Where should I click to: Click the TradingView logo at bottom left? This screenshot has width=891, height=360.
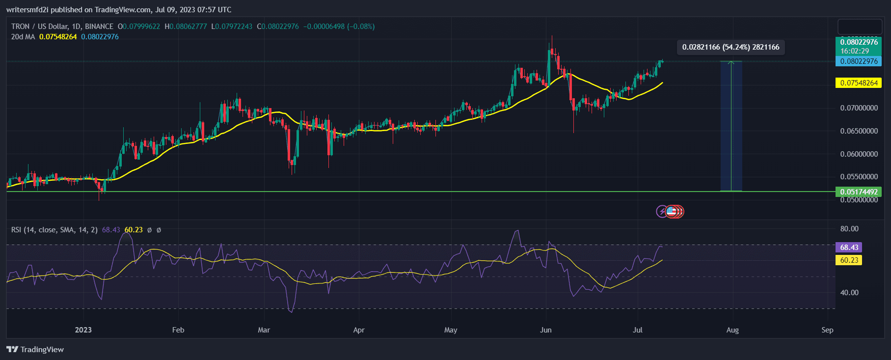point(35,349)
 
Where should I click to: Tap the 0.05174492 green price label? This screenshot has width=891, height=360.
point(859,192)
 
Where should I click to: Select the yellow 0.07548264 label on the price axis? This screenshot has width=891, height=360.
point(859,83)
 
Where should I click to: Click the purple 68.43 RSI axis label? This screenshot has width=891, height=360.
point(849,248)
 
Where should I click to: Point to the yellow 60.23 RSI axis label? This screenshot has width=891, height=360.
point(849,260)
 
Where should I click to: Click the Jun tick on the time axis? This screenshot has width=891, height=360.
point(545,330)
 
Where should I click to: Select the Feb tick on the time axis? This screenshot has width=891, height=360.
point(178,330)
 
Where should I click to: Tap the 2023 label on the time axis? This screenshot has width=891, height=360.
point(83,330)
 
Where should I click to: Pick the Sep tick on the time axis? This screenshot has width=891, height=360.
point(827,330)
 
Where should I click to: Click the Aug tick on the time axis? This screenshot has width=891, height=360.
point(732,330)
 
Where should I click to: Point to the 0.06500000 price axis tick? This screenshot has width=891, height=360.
point(859,131)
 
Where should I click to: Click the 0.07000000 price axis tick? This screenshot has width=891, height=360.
point(859,108)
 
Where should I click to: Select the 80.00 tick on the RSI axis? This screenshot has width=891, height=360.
point(849,229)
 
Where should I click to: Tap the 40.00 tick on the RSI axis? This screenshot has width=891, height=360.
point(849,293)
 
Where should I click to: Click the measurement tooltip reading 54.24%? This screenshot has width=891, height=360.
point(730,47)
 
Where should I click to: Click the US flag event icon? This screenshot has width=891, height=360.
point(672,212)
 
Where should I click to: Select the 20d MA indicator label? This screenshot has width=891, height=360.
point(23,37)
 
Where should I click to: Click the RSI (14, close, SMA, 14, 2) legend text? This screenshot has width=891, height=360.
point(54,230)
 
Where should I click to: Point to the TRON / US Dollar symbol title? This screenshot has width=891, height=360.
point(62,27)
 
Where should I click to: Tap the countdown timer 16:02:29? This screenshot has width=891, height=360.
point(855,51)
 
